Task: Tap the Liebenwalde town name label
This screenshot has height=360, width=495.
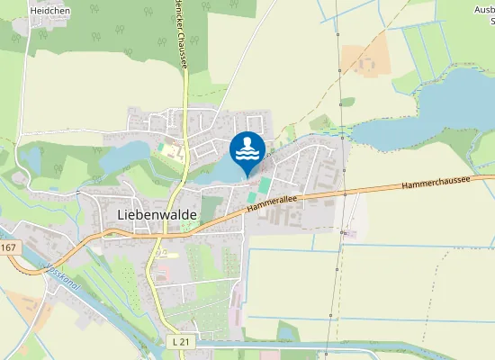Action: coord(157,215)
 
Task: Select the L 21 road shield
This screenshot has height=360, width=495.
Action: coord(179,342)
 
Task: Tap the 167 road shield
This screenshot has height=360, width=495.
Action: coord(9,247)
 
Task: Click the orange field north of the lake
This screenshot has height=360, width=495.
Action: coord(369,59)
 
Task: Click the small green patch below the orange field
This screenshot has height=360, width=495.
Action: coord(347,102)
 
